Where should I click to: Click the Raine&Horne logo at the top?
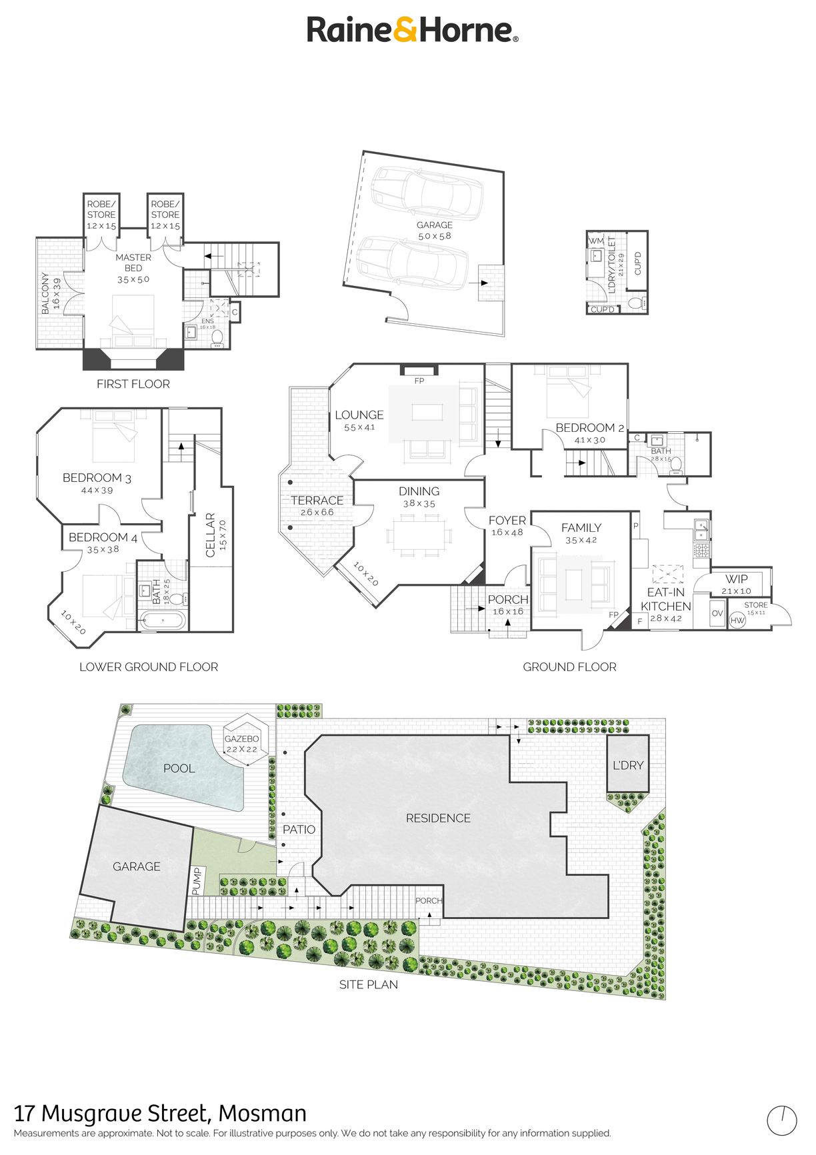(x=412, y=30)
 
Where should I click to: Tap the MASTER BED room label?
(x=133, y=263)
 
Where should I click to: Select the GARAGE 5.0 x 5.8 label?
(x=435, y=231)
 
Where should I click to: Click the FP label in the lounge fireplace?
(x=419, y=381)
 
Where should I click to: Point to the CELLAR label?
(x=210, y=535)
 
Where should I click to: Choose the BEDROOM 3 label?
(x=97, y=478)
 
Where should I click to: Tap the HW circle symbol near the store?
(x=737, y=620)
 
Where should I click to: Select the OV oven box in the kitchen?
(x=717, y=613)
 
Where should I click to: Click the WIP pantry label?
(x=737, y=579)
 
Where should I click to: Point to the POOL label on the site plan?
(x=179, y=768)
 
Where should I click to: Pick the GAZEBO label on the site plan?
(x=241, y=739)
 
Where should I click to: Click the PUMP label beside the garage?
(x=196, y=880)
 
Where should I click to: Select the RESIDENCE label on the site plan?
(x=438, y=818)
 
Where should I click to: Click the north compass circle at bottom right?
(x=781, y=1121)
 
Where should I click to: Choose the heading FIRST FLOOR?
(x=133, y=384)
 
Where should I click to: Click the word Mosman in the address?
(x=263, y=1114)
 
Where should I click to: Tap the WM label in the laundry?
(x=596, y=241)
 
